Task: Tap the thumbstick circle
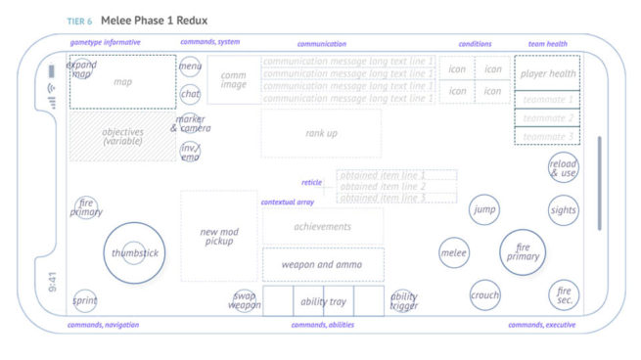tap(133, 252)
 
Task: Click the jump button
tap(483, 209)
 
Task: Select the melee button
tap(453, 252)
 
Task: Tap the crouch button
tap(484, 294)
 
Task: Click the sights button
tap(563, 209)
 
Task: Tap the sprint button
tap(85, 300)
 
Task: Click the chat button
tap(190, 94)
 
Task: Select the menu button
tap(190, 67)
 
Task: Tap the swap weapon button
tap(246, 300)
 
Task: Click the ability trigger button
tap(403, 300)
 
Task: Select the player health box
tap(547, 73)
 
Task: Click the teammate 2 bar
tap(547, 117)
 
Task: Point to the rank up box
tap(321, 133)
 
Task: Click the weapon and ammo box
tap(322, 264)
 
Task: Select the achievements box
tap(322, 226)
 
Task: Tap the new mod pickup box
tap(218, 236)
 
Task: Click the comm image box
tap(233, 80)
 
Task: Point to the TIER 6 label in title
tap(79, 21)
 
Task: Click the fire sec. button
tap(564, 294)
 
